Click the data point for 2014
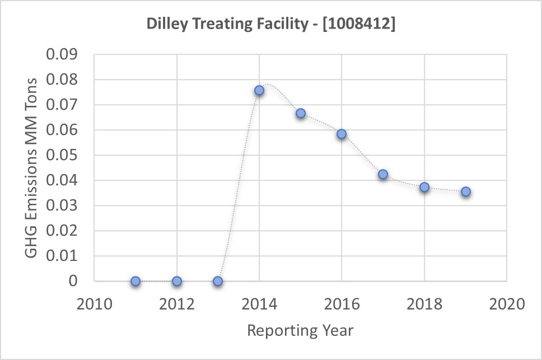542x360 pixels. [259, 90]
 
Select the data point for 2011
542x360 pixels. [135, 281]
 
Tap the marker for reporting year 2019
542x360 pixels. [466, 191]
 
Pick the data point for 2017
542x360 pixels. [383, 174]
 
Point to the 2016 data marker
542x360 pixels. [342, 134]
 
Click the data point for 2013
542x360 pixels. [218, 281]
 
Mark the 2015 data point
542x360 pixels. [301, 113]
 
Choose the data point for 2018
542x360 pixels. [424, 187]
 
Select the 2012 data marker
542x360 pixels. [177, 281]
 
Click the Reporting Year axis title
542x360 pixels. [300, 330]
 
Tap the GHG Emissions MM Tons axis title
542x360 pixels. [32, 168]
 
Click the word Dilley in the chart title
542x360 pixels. [163, 25]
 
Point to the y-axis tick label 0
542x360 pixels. [73, 281]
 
